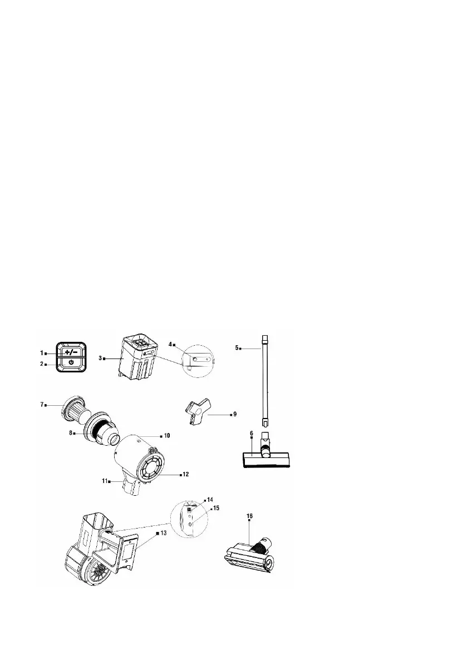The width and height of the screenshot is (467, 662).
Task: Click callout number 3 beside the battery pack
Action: (x=100, y=359)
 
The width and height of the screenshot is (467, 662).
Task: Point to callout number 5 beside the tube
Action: (x=237, y=348)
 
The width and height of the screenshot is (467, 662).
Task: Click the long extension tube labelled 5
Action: (x=263, y=384)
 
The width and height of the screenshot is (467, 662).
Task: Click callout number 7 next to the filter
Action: (x=42, y=404)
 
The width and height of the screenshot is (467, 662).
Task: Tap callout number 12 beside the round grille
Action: (x=185, y=474)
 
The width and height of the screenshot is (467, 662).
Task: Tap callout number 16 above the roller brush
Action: (x=249, y=515)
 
